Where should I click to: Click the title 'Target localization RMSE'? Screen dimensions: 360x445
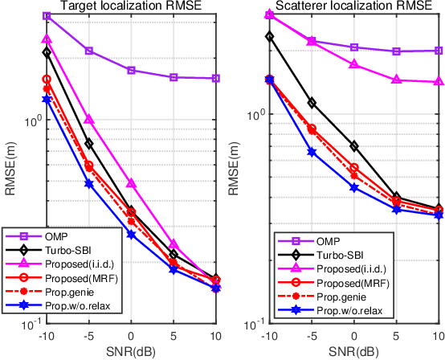coord(131,6)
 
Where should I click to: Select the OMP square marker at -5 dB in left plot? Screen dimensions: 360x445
coord(89,51)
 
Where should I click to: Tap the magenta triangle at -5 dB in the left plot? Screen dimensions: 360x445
coord(89,119)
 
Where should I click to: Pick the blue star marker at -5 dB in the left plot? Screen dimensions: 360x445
coord(89,184)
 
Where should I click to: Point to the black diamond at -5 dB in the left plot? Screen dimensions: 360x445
coord(89,144)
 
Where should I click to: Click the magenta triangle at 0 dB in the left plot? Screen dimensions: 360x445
coord(132,184)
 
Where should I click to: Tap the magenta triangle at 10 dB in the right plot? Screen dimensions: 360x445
coord(439,81)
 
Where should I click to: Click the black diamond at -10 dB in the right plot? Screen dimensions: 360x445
coord(269,36)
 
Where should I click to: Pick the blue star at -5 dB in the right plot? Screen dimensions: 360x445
coord(312,152)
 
